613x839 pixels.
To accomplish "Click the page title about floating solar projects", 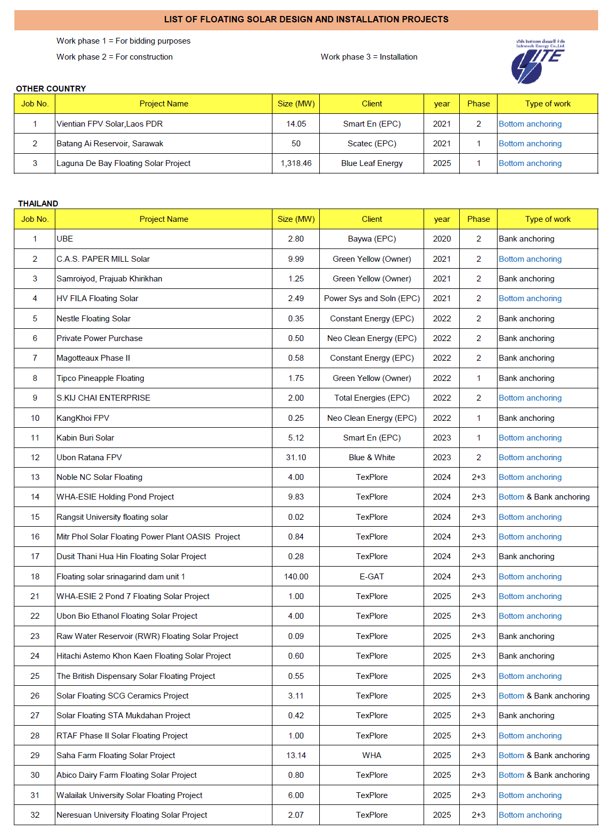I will coord(306,20).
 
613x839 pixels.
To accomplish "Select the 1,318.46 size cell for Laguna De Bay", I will coord(296,163).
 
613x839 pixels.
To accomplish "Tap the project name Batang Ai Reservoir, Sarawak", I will coord(110,144).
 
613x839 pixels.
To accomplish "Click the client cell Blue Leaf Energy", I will coord(371,163).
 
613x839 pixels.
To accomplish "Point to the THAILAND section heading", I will coord(38,204).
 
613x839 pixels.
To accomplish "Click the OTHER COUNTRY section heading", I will coord(51,89).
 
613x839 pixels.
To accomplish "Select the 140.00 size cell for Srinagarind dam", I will coord(296,577).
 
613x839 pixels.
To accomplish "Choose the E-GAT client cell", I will coord(371,577).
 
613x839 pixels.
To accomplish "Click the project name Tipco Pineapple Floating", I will coord(101,378).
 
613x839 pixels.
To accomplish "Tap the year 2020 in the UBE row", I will coord(442,239).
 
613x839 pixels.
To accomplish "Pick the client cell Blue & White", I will coord(371,458).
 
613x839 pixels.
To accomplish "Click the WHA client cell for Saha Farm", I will coord(371,755).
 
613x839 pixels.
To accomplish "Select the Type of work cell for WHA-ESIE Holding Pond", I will coord(544,497).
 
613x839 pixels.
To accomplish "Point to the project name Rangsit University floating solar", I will coord(112,517).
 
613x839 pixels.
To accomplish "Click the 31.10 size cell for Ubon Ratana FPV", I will coord(296,458).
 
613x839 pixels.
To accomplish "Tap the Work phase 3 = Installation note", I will coord(369,57).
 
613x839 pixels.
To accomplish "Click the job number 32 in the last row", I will coord(35,815).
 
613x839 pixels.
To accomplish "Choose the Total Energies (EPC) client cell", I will coord(371,398).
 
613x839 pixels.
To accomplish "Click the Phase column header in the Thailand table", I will coord(478,219).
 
